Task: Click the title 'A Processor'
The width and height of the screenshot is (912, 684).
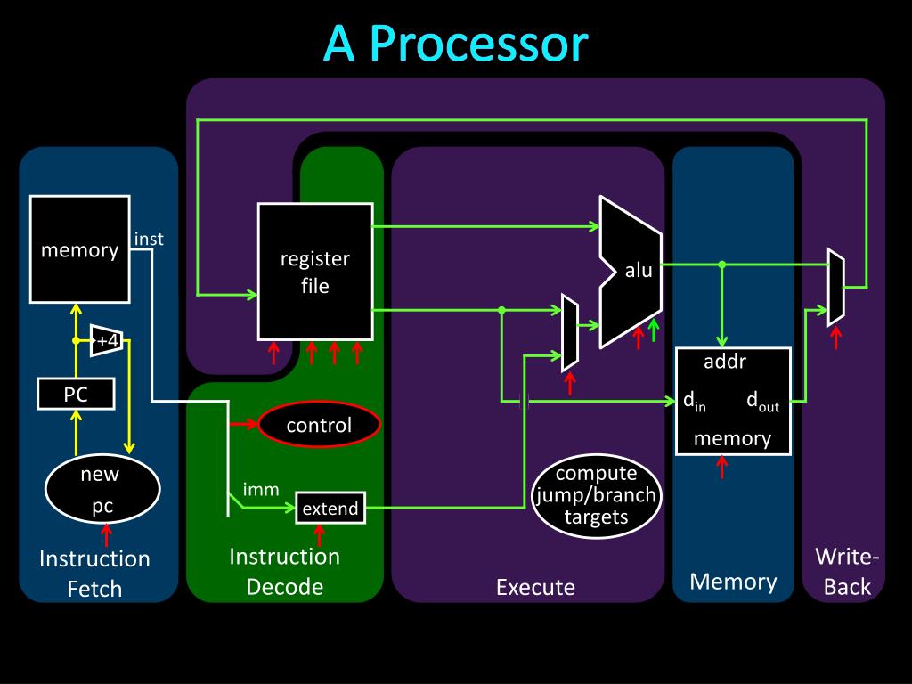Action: (x=456, y=44)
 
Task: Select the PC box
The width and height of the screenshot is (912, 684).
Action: (x=76, y=394)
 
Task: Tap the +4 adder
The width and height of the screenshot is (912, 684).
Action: (x=107, y=340)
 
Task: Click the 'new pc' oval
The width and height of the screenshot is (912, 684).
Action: (x=102, y=489)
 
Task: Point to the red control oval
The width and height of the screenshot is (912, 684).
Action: (x=319, y=425)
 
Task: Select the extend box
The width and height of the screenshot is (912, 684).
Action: (x=330, y=508)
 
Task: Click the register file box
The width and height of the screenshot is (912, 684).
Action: (x=315, y=272)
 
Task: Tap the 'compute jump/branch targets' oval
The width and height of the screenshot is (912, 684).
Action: (x=596, y=495)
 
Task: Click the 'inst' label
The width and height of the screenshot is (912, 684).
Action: (x=149, y=239)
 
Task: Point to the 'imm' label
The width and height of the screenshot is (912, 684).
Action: (x=261, y=490)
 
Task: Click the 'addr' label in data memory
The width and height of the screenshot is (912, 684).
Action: (x=725, y=362)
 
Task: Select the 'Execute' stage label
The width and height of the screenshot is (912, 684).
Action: (x=535, y=587)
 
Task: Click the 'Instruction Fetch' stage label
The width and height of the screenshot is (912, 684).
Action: (x=94, y=574)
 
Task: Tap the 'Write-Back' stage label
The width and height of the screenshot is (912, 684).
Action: (x=847, y=572)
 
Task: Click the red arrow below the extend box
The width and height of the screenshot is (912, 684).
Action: (x=320, y=535)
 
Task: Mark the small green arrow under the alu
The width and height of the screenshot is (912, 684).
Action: (x=654, y=330)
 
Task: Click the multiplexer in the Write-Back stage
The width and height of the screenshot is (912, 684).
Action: (x=836, y=288)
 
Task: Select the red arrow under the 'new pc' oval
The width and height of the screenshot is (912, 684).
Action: (x=107, y=535)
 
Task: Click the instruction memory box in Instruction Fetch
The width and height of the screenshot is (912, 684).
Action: (x=79, y=249)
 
